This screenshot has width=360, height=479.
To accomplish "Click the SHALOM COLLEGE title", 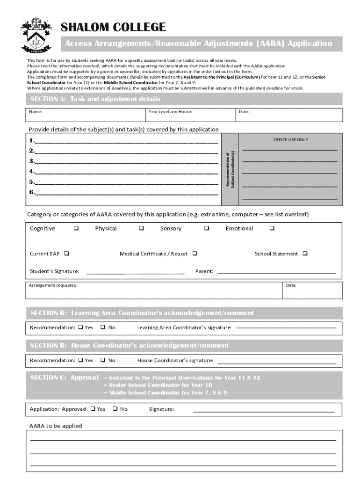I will pyautogui.click(x=113, y=27).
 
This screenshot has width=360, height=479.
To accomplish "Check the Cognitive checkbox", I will pyautogui.click(x=76, y=229).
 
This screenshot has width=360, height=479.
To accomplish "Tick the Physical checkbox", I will pyautogui.click(x=141, y=229).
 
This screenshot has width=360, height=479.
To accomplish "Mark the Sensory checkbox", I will pyautogui.click(x=206, y=229).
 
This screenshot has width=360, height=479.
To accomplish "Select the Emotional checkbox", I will pyautogui.click(x=272, y=229).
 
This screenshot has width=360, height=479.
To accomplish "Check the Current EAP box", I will pyautogui.click(x=66, y=254).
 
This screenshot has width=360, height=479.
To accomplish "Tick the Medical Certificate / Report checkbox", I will pyautogui.click(x=195, y=254).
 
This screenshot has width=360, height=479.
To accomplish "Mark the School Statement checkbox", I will pyautogui.click(x=305, y=254).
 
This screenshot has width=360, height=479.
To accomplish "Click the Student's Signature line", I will pyautogui.click(x=135, y=272).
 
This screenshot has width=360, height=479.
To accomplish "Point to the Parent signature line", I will pyautogui.click(x=276, y=272).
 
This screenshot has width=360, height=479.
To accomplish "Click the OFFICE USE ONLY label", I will pyautogui.click(x=290, y=140).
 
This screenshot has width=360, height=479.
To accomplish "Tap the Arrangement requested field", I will pyautogui.click(x=154, y=290).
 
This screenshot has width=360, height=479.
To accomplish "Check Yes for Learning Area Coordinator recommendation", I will pyautogui.click(x=80, y=327).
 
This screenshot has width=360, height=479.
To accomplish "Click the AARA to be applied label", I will pyautogui.click(x=56, y=426).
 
